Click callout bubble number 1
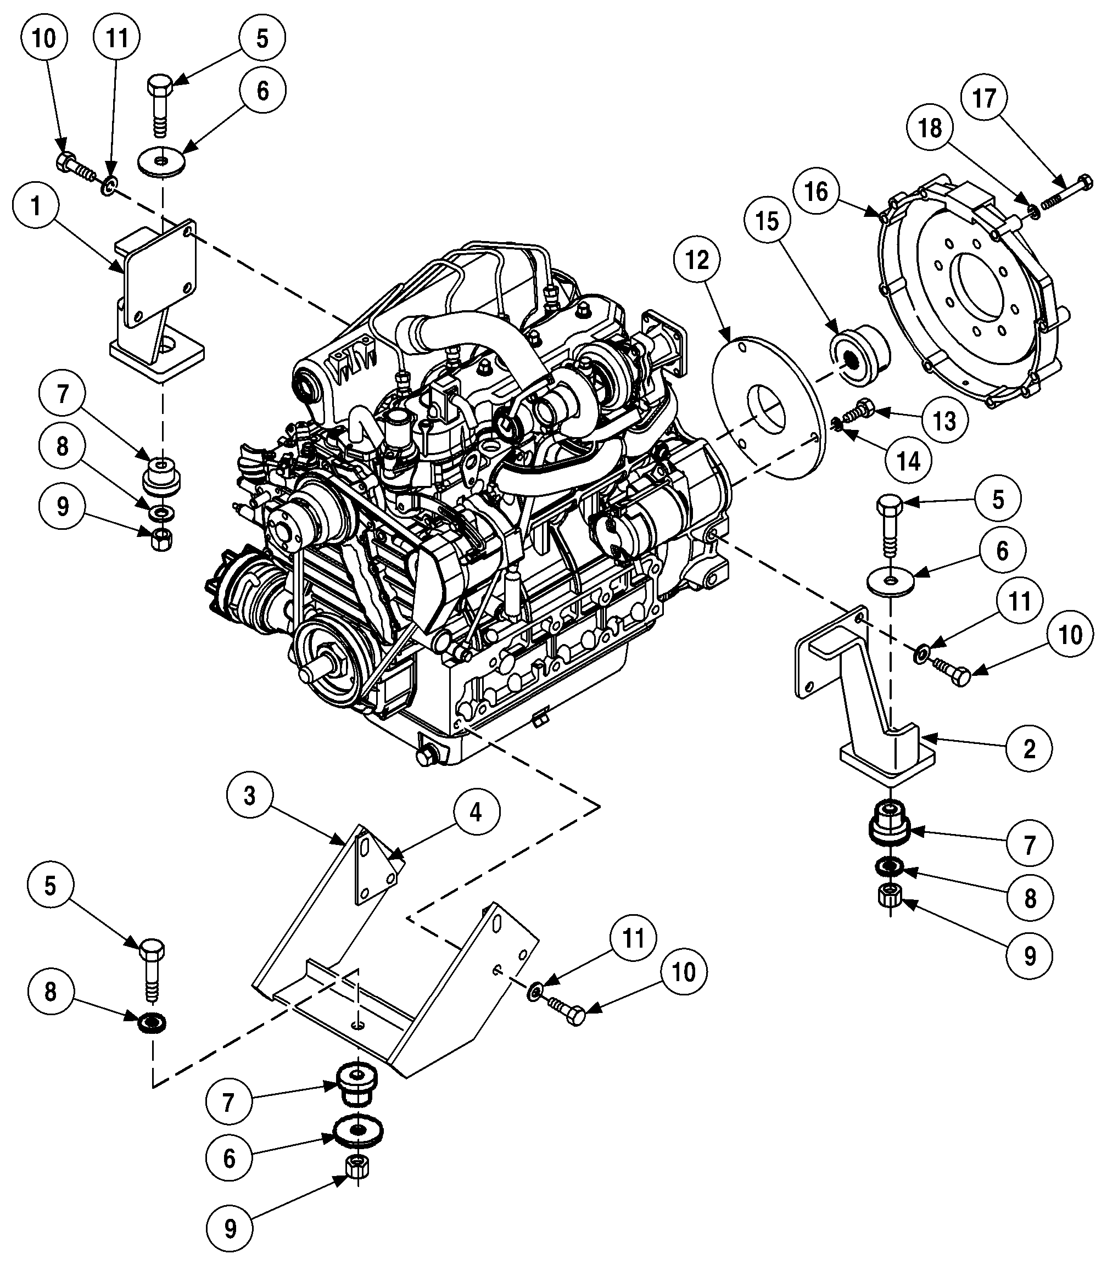point(36,207)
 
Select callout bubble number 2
point(1028,748)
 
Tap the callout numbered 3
point(249,796)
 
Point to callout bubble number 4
point(475,812)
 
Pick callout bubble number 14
point(908,460)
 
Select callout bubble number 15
point(767,221)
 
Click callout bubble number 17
point(985,98)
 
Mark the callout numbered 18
point(930,128)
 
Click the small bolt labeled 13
point(862,409)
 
